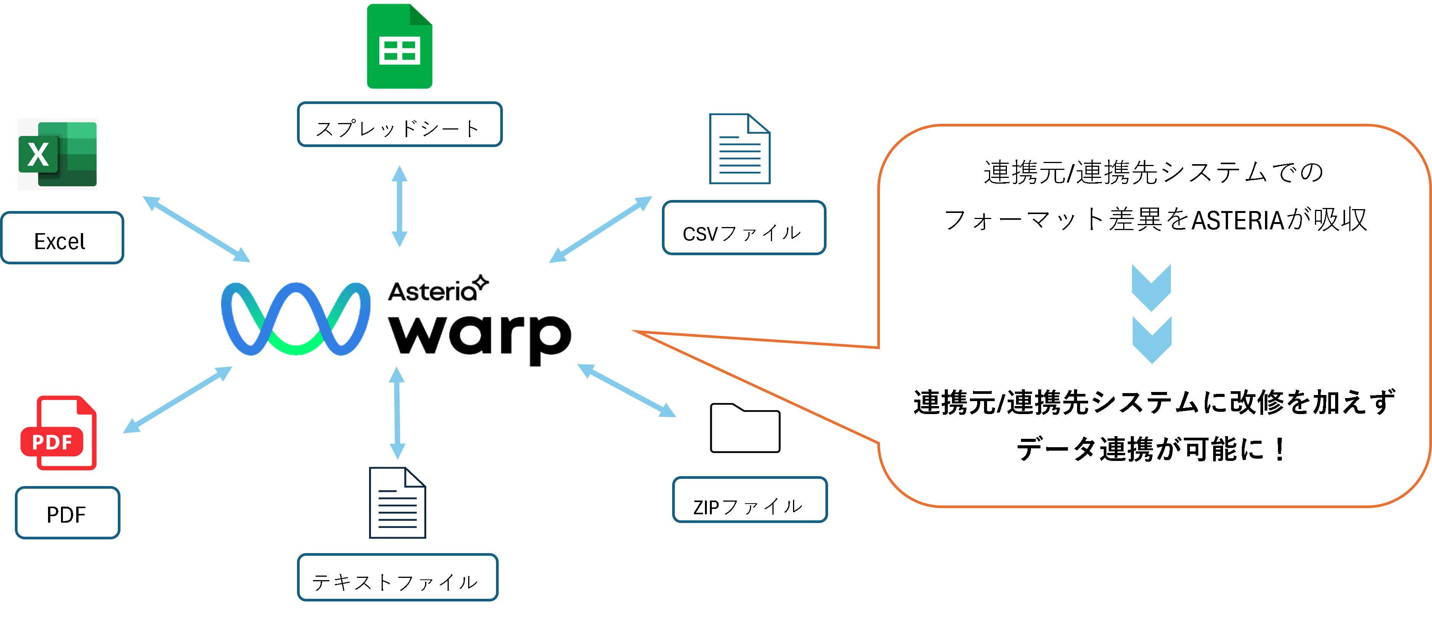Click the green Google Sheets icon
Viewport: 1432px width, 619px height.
[x=399, y=47]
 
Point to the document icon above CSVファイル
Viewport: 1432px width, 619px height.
[x=739, y=149]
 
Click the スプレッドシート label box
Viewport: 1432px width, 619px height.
[x=399, y=125]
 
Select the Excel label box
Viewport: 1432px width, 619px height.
[x=62, y=238]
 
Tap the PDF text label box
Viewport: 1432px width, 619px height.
[x=67, y=513]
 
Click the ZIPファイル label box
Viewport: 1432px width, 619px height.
[x=749, y=500]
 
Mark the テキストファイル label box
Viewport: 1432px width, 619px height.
[x=397, y=577]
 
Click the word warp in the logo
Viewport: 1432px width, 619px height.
[x=480, y=337]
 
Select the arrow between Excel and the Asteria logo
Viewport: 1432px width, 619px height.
[x=196, y=229]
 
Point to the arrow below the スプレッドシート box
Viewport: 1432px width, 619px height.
[x=399, y=206]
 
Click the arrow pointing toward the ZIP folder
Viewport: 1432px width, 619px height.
[x=626, y=390]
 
